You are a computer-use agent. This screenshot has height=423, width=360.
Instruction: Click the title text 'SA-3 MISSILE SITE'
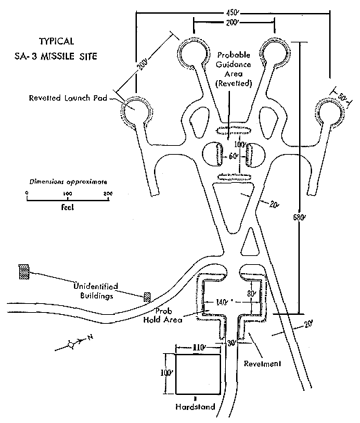56,56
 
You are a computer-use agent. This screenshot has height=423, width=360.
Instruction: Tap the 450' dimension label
232,13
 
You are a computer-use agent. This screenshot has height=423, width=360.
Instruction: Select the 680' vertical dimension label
299,218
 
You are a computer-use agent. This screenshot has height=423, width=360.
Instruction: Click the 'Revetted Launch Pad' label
68,98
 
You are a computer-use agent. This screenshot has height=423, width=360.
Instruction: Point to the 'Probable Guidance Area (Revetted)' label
233,69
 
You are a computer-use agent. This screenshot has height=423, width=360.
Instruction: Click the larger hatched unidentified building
24,272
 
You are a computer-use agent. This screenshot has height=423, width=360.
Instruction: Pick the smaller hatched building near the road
147,297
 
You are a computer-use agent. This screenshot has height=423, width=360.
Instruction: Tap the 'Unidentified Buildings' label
96,291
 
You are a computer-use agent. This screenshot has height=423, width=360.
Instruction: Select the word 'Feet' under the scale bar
68,207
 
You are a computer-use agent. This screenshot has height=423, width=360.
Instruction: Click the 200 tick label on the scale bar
108,194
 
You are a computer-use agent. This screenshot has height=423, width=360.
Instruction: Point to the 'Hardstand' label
196,407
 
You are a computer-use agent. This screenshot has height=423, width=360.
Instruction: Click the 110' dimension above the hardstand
198,348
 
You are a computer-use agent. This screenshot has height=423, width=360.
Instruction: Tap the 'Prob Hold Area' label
163,316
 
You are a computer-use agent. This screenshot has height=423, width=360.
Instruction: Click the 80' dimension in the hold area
251,294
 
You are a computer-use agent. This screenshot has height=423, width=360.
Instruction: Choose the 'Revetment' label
262,363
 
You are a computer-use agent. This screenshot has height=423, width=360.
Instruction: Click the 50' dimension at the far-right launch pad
342,97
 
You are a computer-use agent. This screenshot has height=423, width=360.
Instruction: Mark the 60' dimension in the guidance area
233,156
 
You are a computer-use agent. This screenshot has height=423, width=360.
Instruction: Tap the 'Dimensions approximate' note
68,182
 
